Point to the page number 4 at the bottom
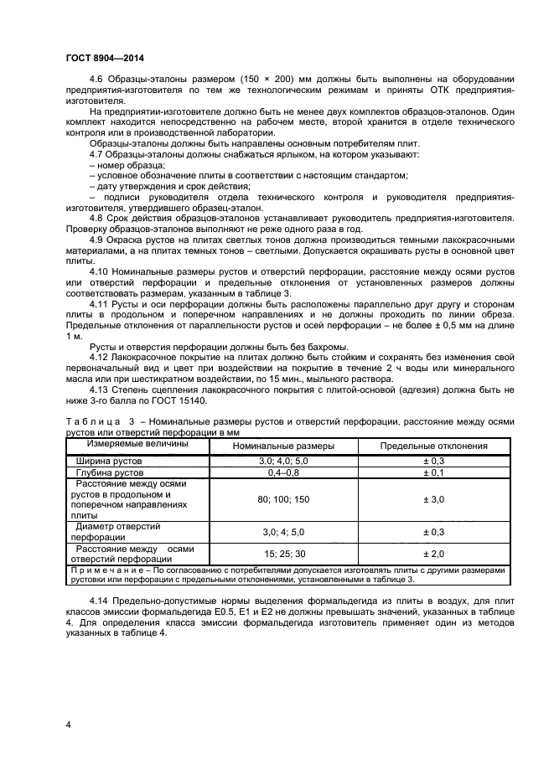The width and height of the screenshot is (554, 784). (68, 721)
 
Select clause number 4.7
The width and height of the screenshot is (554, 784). (97, 155)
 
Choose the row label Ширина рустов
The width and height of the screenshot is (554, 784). (110, 461)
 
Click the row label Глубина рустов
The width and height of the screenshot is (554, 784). (111, 473)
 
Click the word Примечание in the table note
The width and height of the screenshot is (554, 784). (106, 570)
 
